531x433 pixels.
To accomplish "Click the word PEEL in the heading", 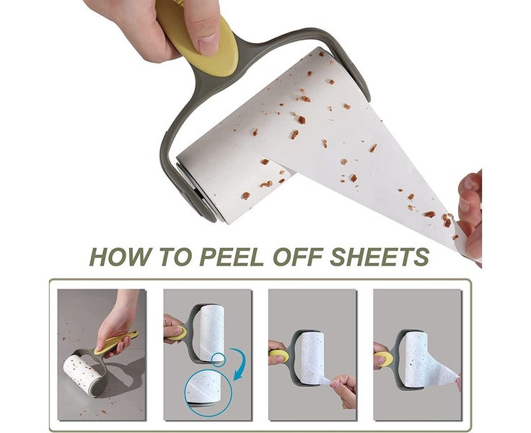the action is (232, 257).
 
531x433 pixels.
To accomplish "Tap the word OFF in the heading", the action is (298, 257).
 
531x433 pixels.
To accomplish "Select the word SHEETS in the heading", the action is (379, 257).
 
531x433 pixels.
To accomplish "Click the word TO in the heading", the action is (174, 257).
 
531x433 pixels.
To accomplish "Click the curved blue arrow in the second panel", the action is (240, 364).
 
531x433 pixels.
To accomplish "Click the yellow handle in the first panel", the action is (117, 342).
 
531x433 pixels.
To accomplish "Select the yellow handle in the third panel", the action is (279, 356).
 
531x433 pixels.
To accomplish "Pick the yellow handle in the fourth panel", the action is (384, 359).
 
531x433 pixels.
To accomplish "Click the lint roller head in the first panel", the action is (82, 375).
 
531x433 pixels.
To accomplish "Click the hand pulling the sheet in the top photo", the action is (470, 216).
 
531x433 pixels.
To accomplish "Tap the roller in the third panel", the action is (312, 358).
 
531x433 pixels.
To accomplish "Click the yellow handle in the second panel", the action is (176, 333).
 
